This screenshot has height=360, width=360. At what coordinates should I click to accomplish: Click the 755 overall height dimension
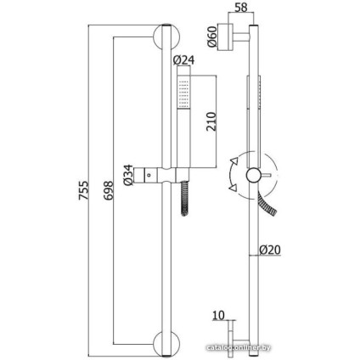tap(83, 190)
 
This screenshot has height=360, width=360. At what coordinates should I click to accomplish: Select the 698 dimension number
tap(108, 191)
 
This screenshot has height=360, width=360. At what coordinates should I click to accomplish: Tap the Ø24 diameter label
tap(183, 60)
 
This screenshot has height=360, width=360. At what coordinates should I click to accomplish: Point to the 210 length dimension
tap(211, 121)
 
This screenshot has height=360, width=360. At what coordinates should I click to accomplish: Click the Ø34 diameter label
tap(128, 175)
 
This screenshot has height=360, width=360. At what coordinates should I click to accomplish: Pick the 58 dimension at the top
tap(241, 8)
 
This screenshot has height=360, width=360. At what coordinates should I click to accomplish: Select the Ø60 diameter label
tap(212, 36)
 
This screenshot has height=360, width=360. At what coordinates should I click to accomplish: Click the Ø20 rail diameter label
tap(270, 250)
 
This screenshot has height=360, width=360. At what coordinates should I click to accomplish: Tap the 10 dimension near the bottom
tap(218, 315)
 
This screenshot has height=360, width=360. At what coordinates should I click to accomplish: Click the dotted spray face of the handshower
tap(183, 93)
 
